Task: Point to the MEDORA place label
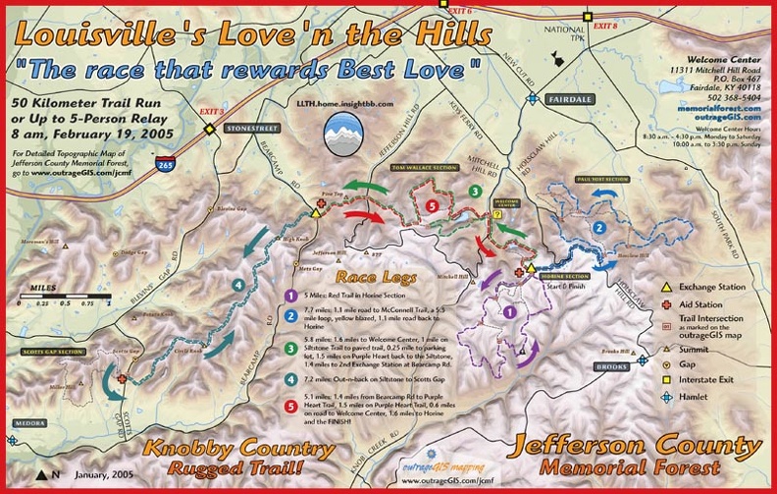point(28,423)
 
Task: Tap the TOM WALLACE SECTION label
point(425,168)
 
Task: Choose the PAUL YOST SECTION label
point(602,180)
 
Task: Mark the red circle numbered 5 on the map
point(433,205)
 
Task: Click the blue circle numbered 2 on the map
point(598,228)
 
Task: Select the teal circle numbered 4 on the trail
point(237,286)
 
